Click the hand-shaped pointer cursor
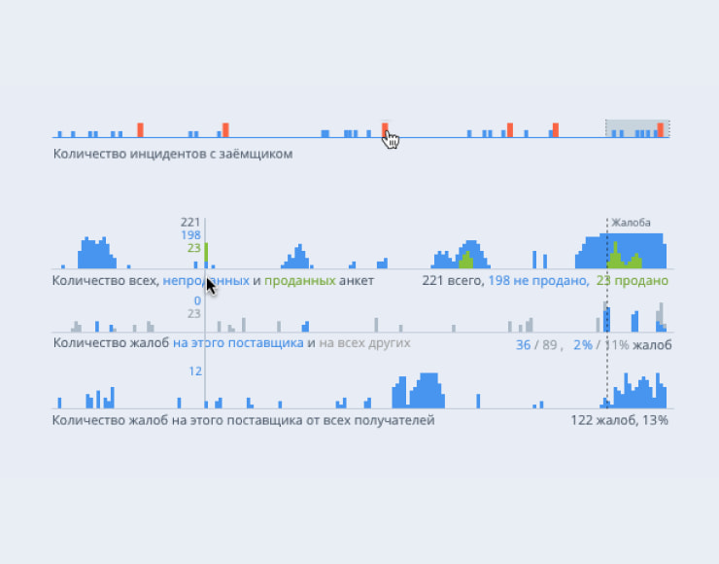391,140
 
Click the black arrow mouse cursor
211,285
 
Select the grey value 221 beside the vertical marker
190,223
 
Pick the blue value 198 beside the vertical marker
190,235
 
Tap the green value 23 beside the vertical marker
193,248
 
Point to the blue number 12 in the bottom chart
194,371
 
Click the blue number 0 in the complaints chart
196,300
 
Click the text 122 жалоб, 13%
619,421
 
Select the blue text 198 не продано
537,281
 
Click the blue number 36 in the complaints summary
524,344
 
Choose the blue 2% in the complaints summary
583,344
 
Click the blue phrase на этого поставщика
238,343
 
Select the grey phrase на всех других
364,343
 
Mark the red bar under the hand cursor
385,129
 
